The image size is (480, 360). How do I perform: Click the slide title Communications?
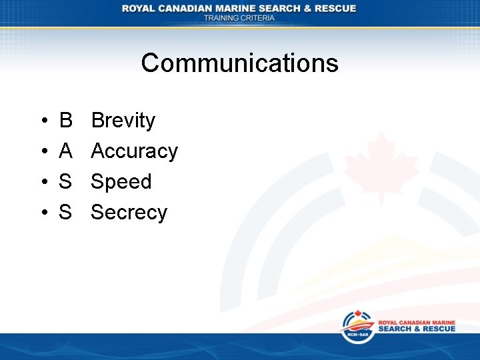[239, 63]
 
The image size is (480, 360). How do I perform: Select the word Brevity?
[123, 121]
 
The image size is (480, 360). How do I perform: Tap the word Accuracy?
[134, 151]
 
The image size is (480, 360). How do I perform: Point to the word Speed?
[121, 182]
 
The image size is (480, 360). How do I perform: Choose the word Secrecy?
[129, 213]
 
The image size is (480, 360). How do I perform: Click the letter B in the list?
[65, 121]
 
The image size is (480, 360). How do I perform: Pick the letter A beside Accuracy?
[65, 151]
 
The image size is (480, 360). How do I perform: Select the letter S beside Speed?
[65, 182]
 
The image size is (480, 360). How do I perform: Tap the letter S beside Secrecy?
[65, 213]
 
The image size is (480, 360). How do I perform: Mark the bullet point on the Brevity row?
[43, 121]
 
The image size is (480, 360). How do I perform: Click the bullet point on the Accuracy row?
[43, 152]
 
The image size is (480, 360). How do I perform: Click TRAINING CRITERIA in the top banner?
[239, 18]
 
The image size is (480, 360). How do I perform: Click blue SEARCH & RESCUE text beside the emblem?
[417, 329]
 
